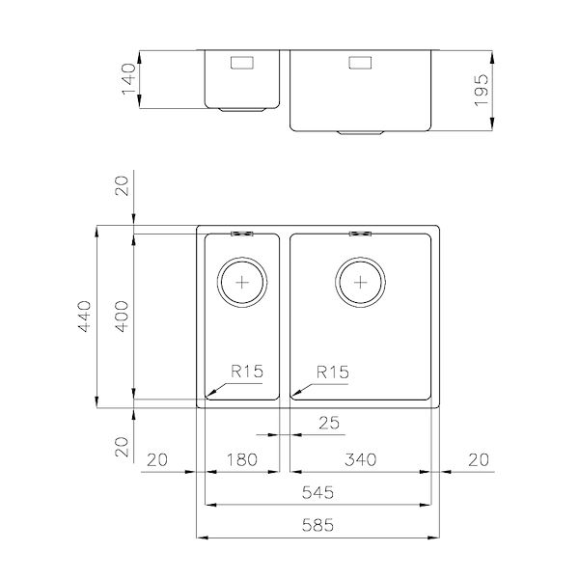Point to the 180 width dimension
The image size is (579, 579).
[241, 459]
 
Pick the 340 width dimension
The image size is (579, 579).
[360, 459]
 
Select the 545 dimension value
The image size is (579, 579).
[317, 493]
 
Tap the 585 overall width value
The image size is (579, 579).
[317, 527]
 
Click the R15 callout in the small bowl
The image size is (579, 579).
[247, 372]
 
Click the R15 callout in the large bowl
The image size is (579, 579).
[331, 372]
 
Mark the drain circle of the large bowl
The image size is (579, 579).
[360, 283]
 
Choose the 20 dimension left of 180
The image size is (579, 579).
[157, 459]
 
